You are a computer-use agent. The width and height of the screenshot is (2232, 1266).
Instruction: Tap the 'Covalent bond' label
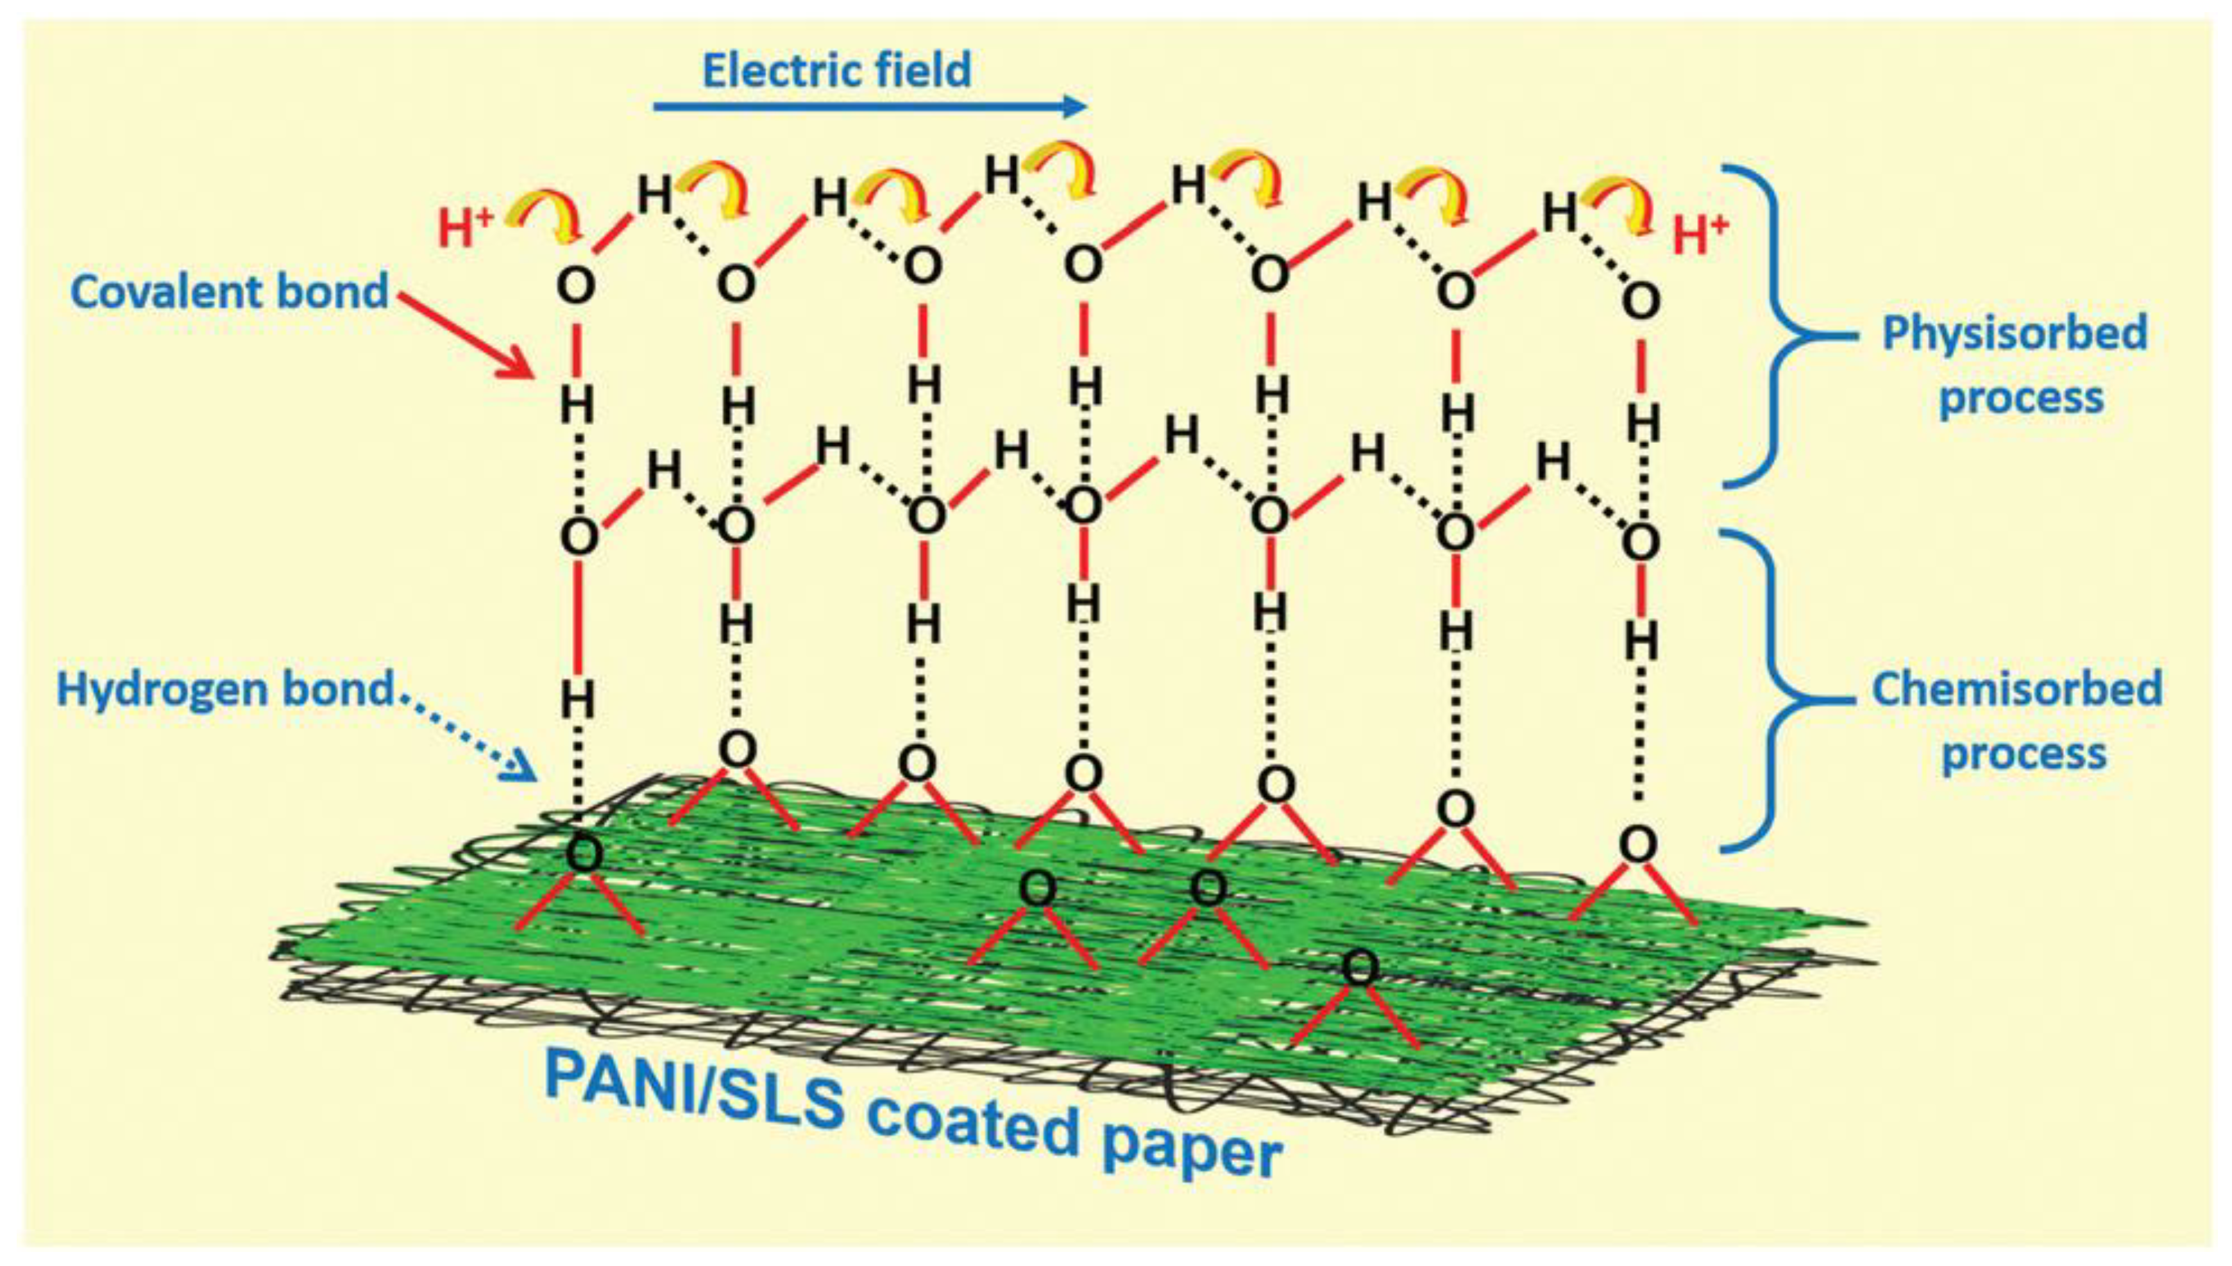tap(229, 291)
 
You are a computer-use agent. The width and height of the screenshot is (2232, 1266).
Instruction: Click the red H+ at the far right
tap(1700, 235)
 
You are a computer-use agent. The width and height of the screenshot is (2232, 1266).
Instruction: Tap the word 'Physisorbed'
tap(2015, 334)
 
